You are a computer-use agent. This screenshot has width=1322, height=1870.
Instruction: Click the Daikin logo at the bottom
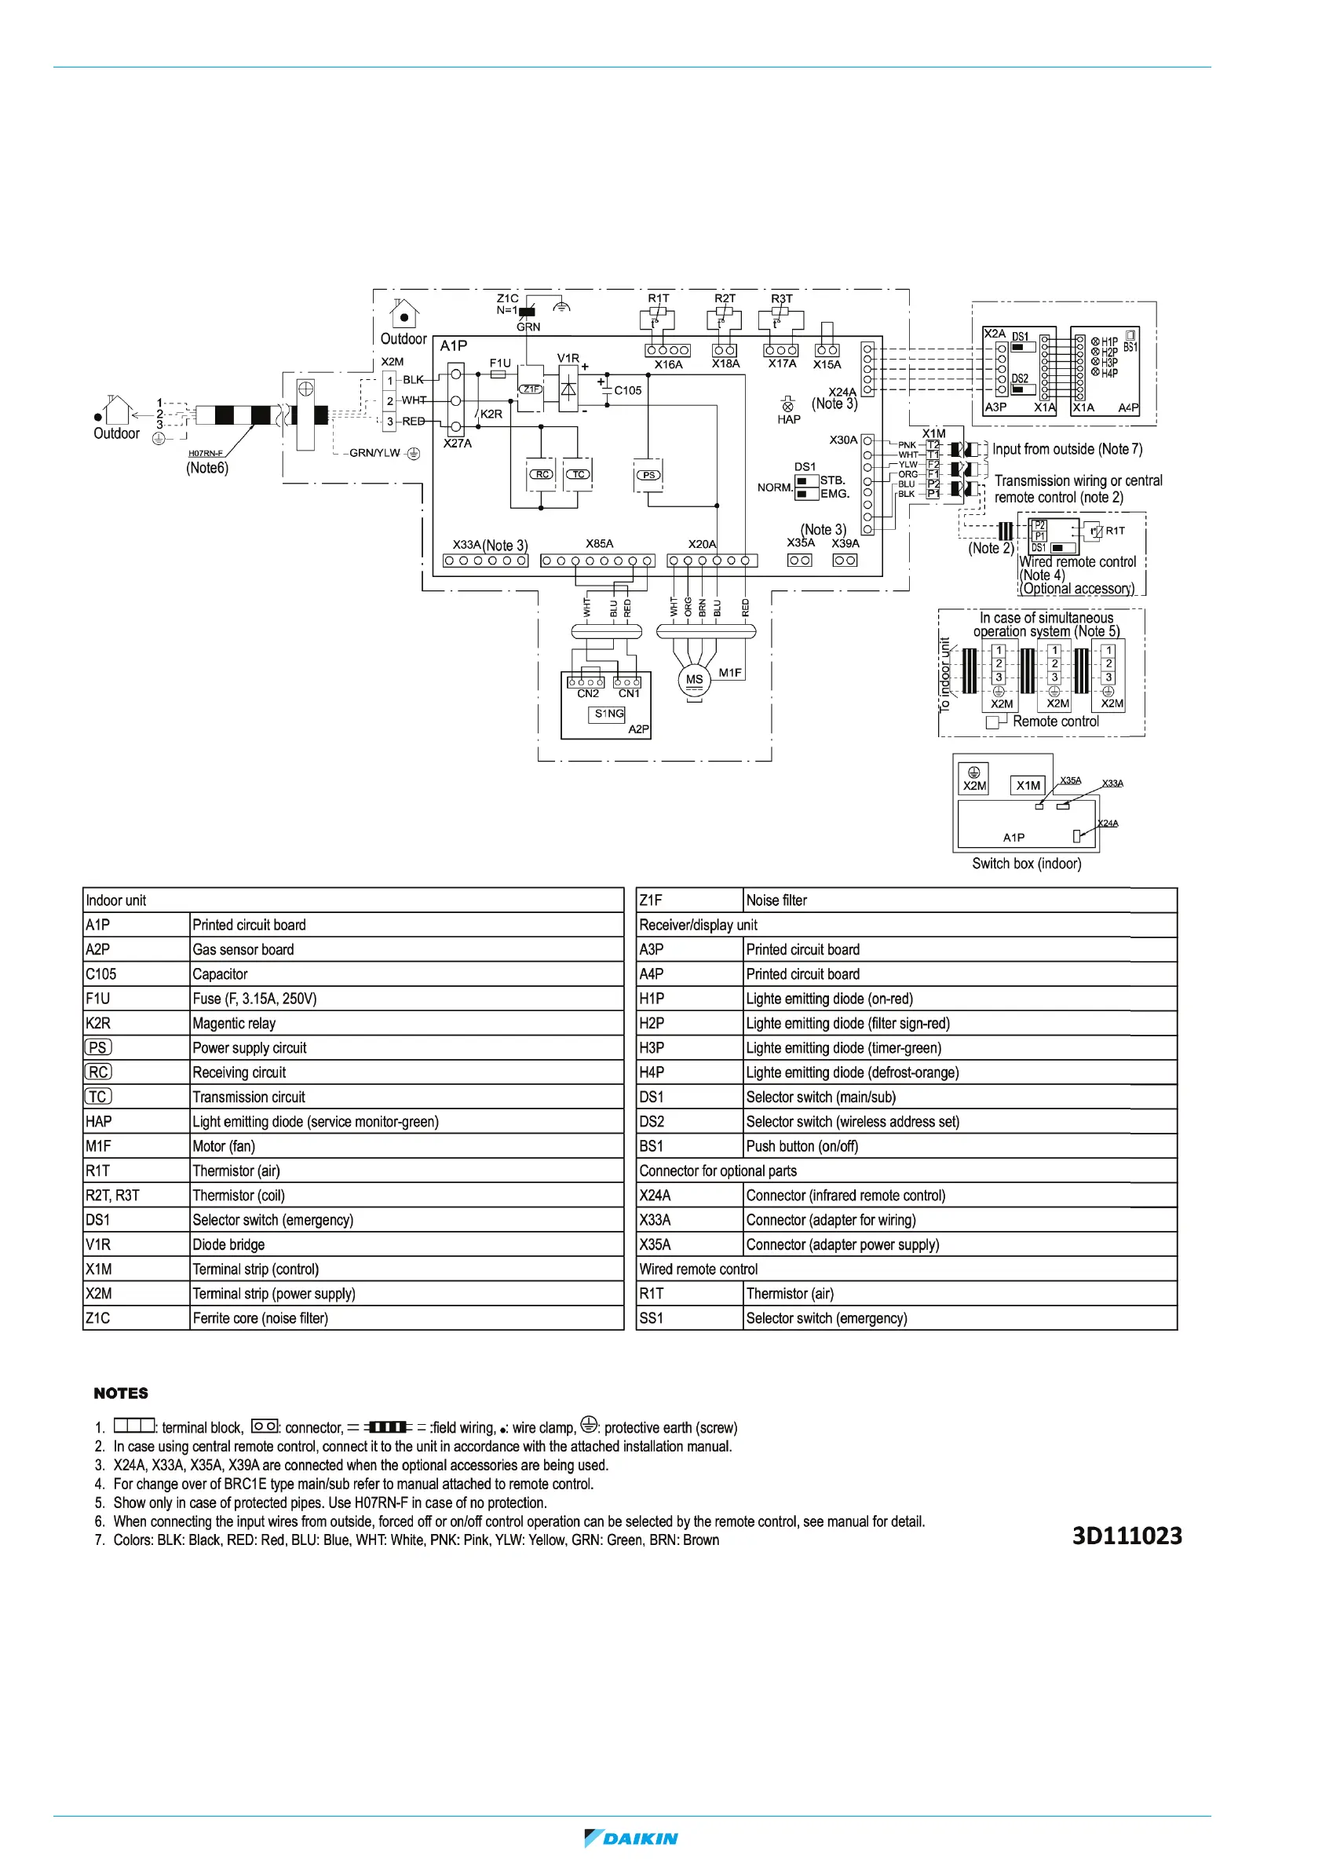pyautogui.click(x=631, y=1838)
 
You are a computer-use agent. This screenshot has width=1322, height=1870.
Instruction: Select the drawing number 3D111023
pyautogui.click(x=1127, y=1536)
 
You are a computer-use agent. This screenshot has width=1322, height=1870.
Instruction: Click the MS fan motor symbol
pyautogui.click(x=694, y=679)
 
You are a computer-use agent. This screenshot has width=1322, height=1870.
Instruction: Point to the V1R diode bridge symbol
pyautogui.click(x=568, y=389)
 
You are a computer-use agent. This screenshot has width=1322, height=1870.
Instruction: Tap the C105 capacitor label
pyautogui.click(x=627, y=390)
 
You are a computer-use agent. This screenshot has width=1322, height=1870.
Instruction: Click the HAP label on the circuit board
pyautogui.click(x=788, y=419)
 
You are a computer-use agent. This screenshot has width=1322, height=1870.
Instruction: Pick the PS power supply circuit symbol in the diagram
pyautogui.click(x=648, y=475)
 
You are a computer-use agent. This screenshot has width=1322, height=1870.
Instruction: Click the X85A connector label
pyautogui.click(x=600, y=543)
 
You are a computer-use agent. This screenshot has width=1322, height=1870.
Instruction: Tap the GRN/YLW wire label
pyautogui.click(x=374, y=453)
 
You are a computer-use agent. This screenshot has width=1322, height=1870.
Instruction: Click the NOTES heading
pyautogui.click(x=121, y=1393)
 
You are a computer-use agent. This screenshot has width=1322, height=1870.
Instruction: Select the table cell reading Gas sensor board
pyautogui.click(x=243, y=949)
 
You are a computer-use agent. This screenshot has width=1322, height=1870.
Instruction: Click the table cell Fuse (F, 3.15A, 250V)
pyautogui.click(x=254, y=999)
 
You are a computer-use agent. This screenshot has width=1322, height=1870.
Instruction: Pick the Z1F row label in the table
pyautogui.click(x=651, y=900)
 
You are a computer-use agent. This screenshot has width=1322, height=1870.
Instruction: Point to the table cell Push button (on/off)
pyautogui.click(x=802, y=1146)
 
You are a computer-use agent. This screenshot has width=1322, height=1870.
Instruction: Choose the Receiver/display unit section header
pyautogui.click(x=698, y=925)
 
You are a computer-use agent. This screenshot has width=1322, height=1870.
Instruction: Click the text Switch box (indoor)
pyautogui.click(x=1026, y=864)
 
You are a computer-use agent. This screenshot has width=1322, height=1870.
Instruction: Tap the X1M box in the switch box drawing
pyautogui.click(x=1028, y=785)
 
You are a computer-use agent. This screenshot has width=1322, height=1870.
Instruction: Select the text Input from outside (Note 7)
pyautogui.click(x=1067, y=449)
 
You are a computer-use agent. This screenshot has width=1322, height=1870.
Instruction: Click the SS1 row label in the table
pyautogui.click(x=652, y=1318)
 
